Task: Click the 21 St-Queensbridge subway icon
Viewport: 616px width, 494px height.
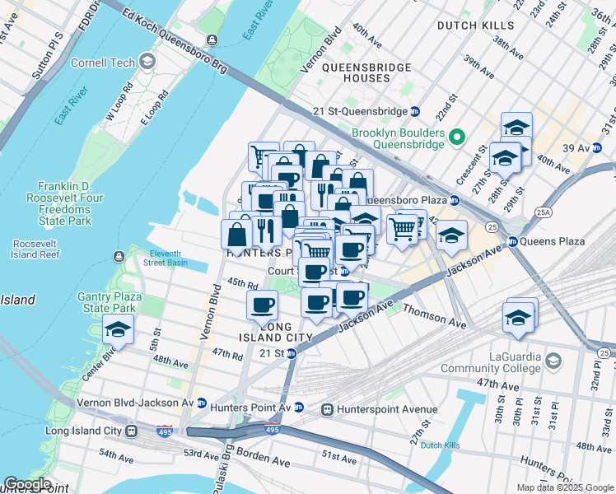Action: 415,111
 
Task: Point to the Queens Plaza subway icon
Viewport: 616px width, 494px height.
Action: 512,241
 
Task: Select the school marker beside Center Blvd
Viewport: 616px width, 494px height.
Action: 118,331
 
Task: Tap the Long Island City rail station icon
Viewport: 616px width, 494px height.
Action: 131,431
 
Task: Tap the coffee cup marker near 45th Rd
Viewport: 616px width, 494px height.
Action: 263,305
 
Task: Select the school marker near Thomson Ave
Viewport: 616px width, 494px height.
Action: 518,317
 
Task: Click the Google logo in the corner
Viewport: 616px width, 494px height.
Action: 27,484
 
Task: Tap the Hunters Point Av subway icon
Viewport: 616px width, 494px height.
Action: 298,408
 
